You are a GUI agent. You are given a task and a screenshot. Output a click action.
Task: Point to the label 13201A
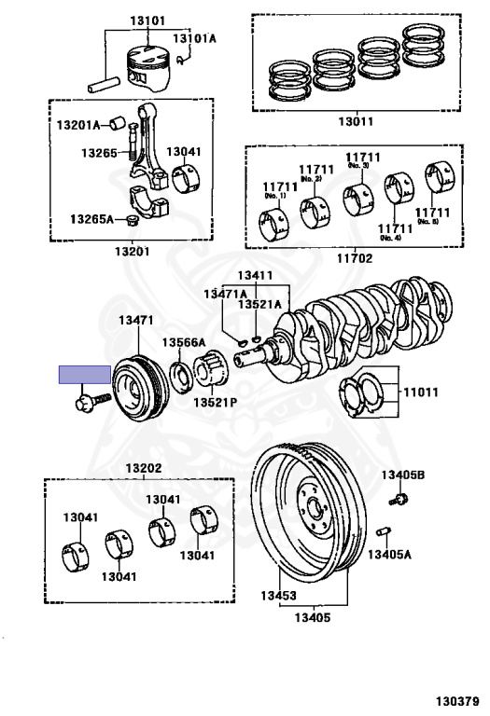[x=79, y=124]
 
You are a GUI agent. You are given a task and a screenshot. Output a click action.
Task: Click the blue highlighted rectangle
[x=85, y=376]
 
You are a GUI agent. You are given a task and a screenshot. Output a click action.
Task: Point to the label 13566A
[x=184, y=341]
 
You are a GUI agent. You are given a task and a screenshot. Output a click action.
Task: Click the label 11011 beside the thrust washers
[x=420, y=392]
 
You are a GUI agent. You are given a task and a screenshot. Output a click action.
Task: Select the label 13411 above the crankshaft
[x=255, y=276]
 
